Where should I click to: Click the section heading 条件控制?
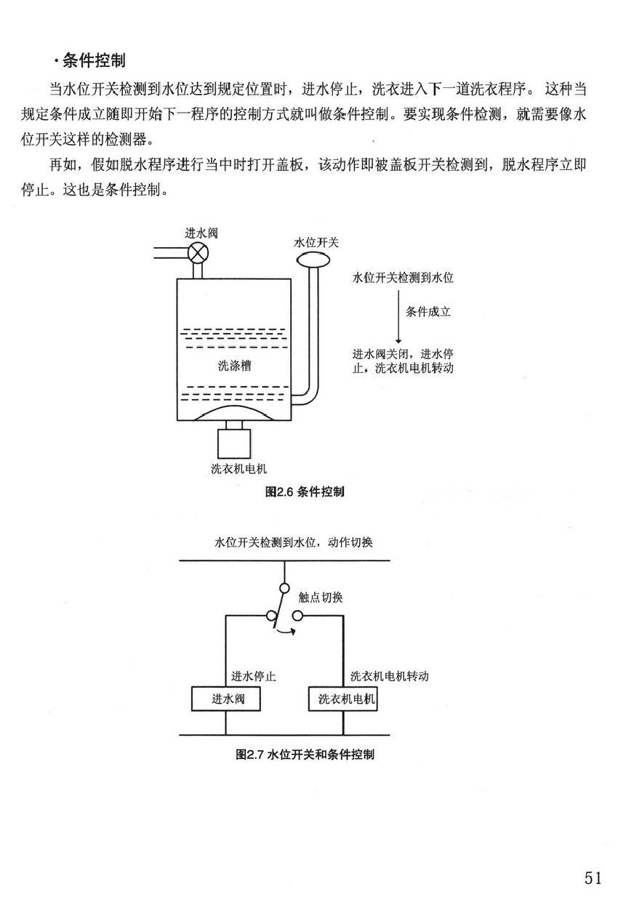pyautogui.click(x=94, y=61)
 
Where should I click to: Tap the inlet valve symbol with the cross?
pyautogui.click(x=198, y=253)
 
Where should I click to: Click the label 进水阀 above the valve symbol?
pyautogui.click(x=201, y=233)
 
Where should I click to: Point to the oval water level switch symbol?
pyautogui.click(x=313, y=260)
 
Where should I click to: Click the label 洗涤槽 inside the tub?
pyautogui.click(x=234, y=365)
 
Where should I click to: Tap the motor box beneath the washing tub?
pyautogui.click(x=234, y=444)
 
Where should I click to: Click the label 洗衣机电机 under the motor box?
pyautogui.click(x=238, y=468)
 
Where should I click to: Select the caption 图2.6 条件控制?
pyautogui.click(x=305, y=491)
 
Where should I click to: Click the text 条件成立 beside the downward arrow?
pyautogui.click(x=428, y=311)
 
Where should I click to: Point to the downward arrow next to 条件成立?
pyautogui.click(x=398, y=317)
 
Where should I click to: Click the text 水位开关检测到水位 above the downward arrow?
pyautogui.click(x=403, y=277)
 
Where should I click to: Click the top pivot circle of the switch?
pyautogui.click(x=284, y=588)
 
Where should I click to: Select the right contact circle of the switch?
pyautogui.click(x=297, y=616)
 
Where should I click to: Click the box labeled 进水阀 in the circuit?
pyautogui.click(x=226, y=699)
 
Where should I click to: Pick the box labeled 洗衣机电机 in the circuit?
pyautogui.click(x=342, y=699)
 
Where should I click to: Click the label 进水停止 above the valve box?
pyautogui.click(x=254, y=676)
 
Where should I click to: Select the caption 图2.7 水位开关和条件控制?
pyautogui.click(x=305, y=754)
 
